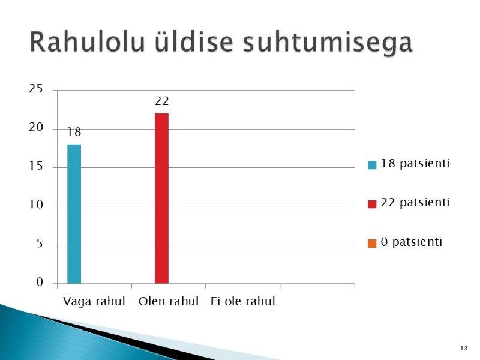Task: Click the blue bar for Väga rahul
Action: (x=74, y=214)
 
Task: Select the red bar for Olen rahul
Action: (x=161, y=199)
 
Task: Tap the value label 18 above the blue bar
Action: (x=74, y=132)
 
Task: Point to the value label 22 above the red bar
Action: (x=161, y=101)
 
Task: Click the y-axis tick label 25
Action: (x=36, y=89)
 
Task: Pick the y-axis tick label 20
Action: (x=36, y=127)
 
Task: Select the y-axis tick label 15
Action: (x=36, y=166)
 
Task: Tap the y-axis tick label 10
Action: (x=36, y=205)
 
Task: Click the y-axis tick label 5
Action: (x=40, y=244)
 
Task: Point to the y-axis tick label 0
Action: (x=40, y=282)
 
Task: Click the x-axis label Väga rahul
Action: (x=94, y=302)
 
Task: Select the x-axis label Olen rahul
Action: (x=169, y=301)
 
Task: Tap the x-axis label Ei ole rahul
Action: (x=243, y=301)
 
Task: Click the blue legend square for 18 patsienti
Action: (x=372, y=164)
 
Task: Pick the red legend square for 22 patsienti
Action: (x=372, y=204)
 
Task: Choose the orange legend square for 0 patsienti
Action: (x=372, y=244)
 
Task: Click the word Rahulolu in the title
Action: (x=87, y=42)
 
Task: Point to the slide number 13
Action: (x=464, y=348)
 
